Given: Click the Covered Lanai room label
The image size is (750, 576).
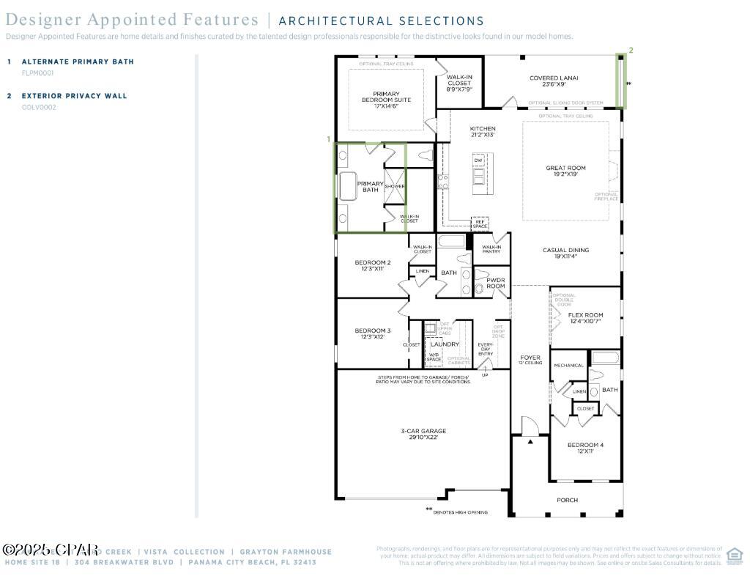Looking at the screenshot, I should point(554,81).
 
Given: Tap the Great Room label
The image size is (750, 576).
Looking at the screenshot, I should point(565,171).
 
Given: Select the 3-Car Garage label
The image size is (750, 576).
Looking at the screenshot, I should point(423,434).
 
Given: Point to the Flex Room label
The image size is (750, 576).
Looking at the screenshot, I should point(585,318).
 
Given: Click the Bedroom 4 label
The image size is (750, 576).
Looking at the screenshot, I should point(585,448).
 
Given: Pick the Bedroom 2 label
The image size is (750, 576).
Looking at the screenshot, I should point(373,265).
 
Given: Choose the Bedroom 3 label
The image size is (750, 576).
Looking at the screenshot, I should point(373,333).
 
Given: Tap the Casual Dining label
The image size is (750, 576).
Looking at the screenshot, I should point(565,253).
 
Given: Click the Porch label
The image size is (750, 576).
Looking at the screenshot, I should point(567,500).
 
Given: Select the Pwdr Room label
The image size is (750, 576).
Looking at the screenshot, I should point(496,283).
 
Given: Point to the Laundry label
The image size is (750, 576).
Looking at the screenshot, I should point(445,344).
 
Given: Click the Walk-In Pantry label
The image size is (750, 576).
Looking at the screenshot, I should point(491,249).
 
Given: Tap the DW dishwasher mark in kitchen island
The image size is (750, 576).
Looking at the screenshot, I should point(478,160).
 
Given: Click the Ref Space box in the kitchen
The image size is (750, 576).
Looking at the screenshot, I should point(480,224).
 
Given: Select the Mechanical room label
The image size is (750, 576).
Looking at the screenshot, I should point(568,365).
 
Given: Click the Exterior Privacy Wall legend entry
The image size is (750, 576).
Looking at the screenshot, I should point(74,96).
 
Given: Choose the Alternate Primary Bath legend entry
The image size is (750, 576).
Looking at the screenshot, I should point(78,62).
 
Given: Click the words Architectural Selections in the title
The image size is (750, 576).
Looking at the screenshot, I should point(381,21).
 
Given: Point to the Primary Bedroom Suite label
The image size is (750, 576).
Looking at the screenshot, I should point(386,100).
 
